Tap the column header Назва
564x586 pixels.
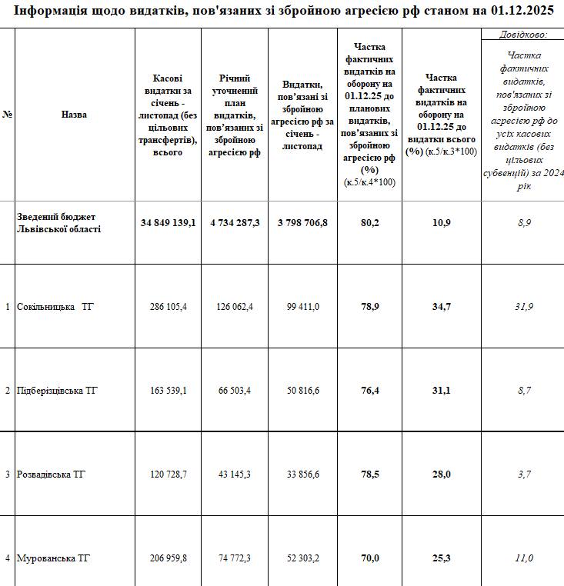pyautogui.click(x=74, y=115)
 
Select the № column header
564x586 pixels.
pyautogui.click(x=8, y=115)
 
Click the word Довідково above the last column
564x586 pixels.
pyautogui.click(x=522, y=35)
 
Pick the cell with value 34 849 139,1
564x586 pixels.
pyautogui.click(x=169, y=223)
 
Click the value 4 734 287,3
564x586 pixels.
pyautogui.click(x=235, y=223)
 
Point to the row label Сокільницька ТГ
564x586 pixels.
pyautogui.click(x=55, y=307)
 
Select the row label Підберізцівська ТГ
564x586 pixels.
pyautogui.click(x=58, y=391)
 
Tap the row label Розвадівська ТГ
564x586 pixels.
pyautogui.click(x=52, y=474)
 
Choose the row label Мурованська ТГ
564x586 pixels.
pyautogui.click(x=54, y=558)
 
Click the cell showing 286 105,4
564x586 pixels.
pyautogui.click(x=169, y=307)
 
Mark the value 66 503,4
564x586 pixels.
pyautogui.click(x=235, y=391)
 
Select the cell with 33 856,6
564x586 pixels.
pyautogui.click(x=302, y=474)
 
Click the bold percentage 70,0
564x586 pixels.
pyautogui.click(x=369, y=558)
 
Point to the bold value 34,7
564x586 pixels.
pyautogui.click(x=442, y=307)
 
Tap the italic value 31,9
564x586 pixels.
pyautogui.click(x=523, y=307)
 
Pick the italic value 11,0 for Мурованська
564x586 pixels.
pyautogui.click(x=523, y=558)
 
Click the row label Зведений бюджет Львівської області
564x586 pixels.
pyautogui.click(x=59, y=223)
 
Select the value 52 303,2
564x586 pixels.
pyautogui.click(x=302, y=558)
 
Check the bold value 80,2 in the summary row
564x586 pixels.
pyautogui.click(x=369, y=223)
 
